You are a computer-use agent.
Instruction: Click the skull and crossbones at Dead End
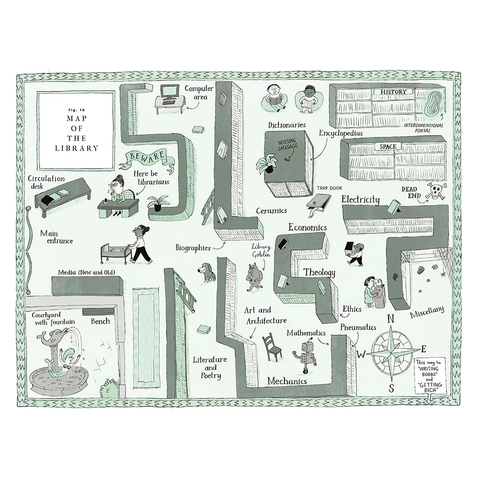point(436,191)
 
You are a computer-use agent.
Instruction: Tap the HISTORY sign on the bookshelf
point(393,91)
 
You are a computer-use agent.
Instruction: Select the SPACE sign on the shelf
point(388,147)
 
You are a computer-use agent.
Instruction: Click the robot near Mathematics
point(306,355)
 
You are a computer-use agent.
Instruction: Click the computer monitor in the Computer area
point(170,91)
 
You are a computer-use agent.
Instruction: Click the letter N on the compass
point(391,319)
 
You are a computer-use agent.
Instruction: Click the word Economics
point(308,227)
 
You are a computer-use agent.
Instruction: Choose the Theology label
point(319,272)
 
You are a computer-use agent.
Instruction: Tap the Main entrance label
point(57,237)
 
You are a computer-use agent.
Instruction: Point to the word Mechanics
point(287,381)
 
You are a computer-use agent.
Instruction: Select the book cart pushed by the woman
point(114,253)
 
